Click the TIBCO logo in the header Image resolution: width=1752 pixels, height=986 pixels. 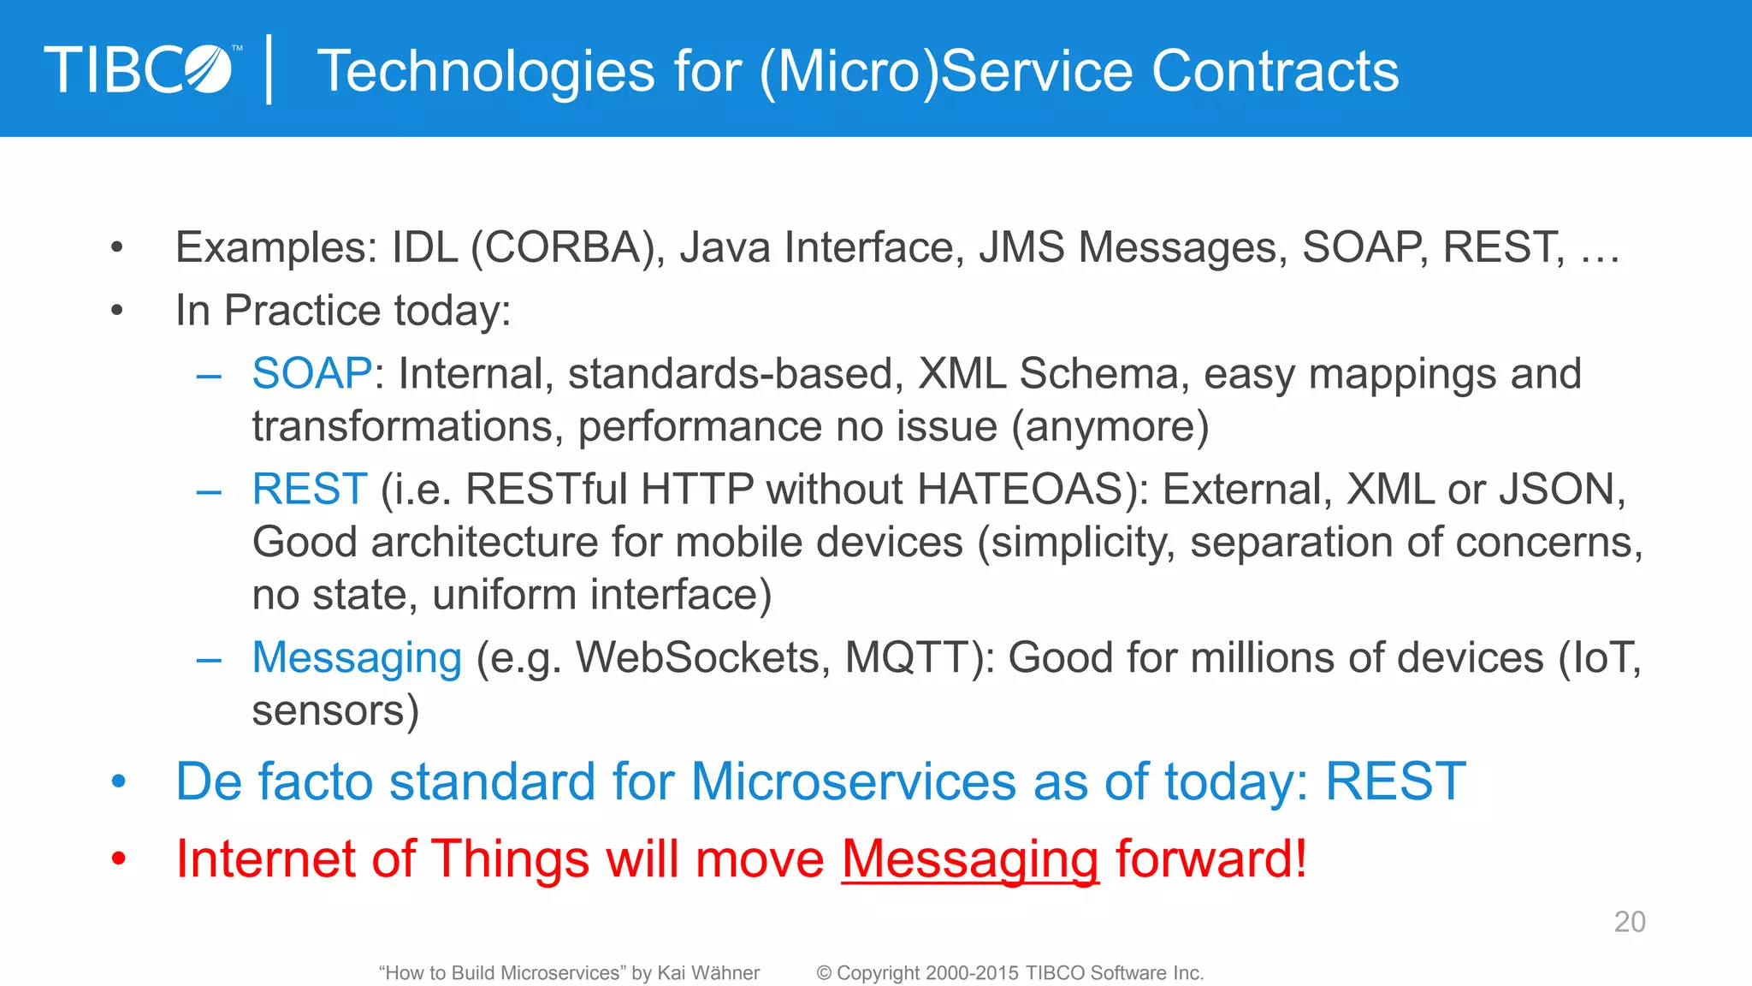click(141, 69)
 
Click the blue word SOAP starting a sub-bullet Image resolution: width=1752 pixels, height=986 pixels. click(311, 374)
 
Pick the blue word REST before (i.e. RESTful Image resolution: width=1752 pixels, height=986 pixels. click(309, 490)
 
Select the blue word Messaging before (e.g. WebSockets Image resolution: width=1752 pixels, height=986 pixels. click(357, 658)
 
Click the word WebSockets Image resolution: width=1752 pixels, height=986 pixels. click(701, 658)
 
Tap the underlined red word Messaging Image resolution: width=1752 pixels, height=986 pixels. click(969, 858)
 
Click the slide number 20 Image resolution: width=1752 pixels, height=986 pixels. click(1629, 922)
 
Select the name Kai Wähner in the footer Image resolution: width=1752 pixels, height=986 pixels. click(708, 973)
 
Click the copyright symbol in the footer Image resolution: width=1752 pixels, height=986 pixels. click(824, 973)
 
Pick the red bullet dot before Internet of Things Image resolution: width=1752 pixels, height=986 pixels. click(118, 858)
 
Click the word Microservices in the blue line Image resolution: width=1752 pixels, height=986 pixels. click(853, 781)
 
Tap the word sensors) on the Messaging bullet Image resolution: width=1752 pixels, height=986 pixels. click(335, 710)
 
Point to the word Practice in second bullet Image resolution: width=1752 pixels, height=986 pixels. click(302, 310)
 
